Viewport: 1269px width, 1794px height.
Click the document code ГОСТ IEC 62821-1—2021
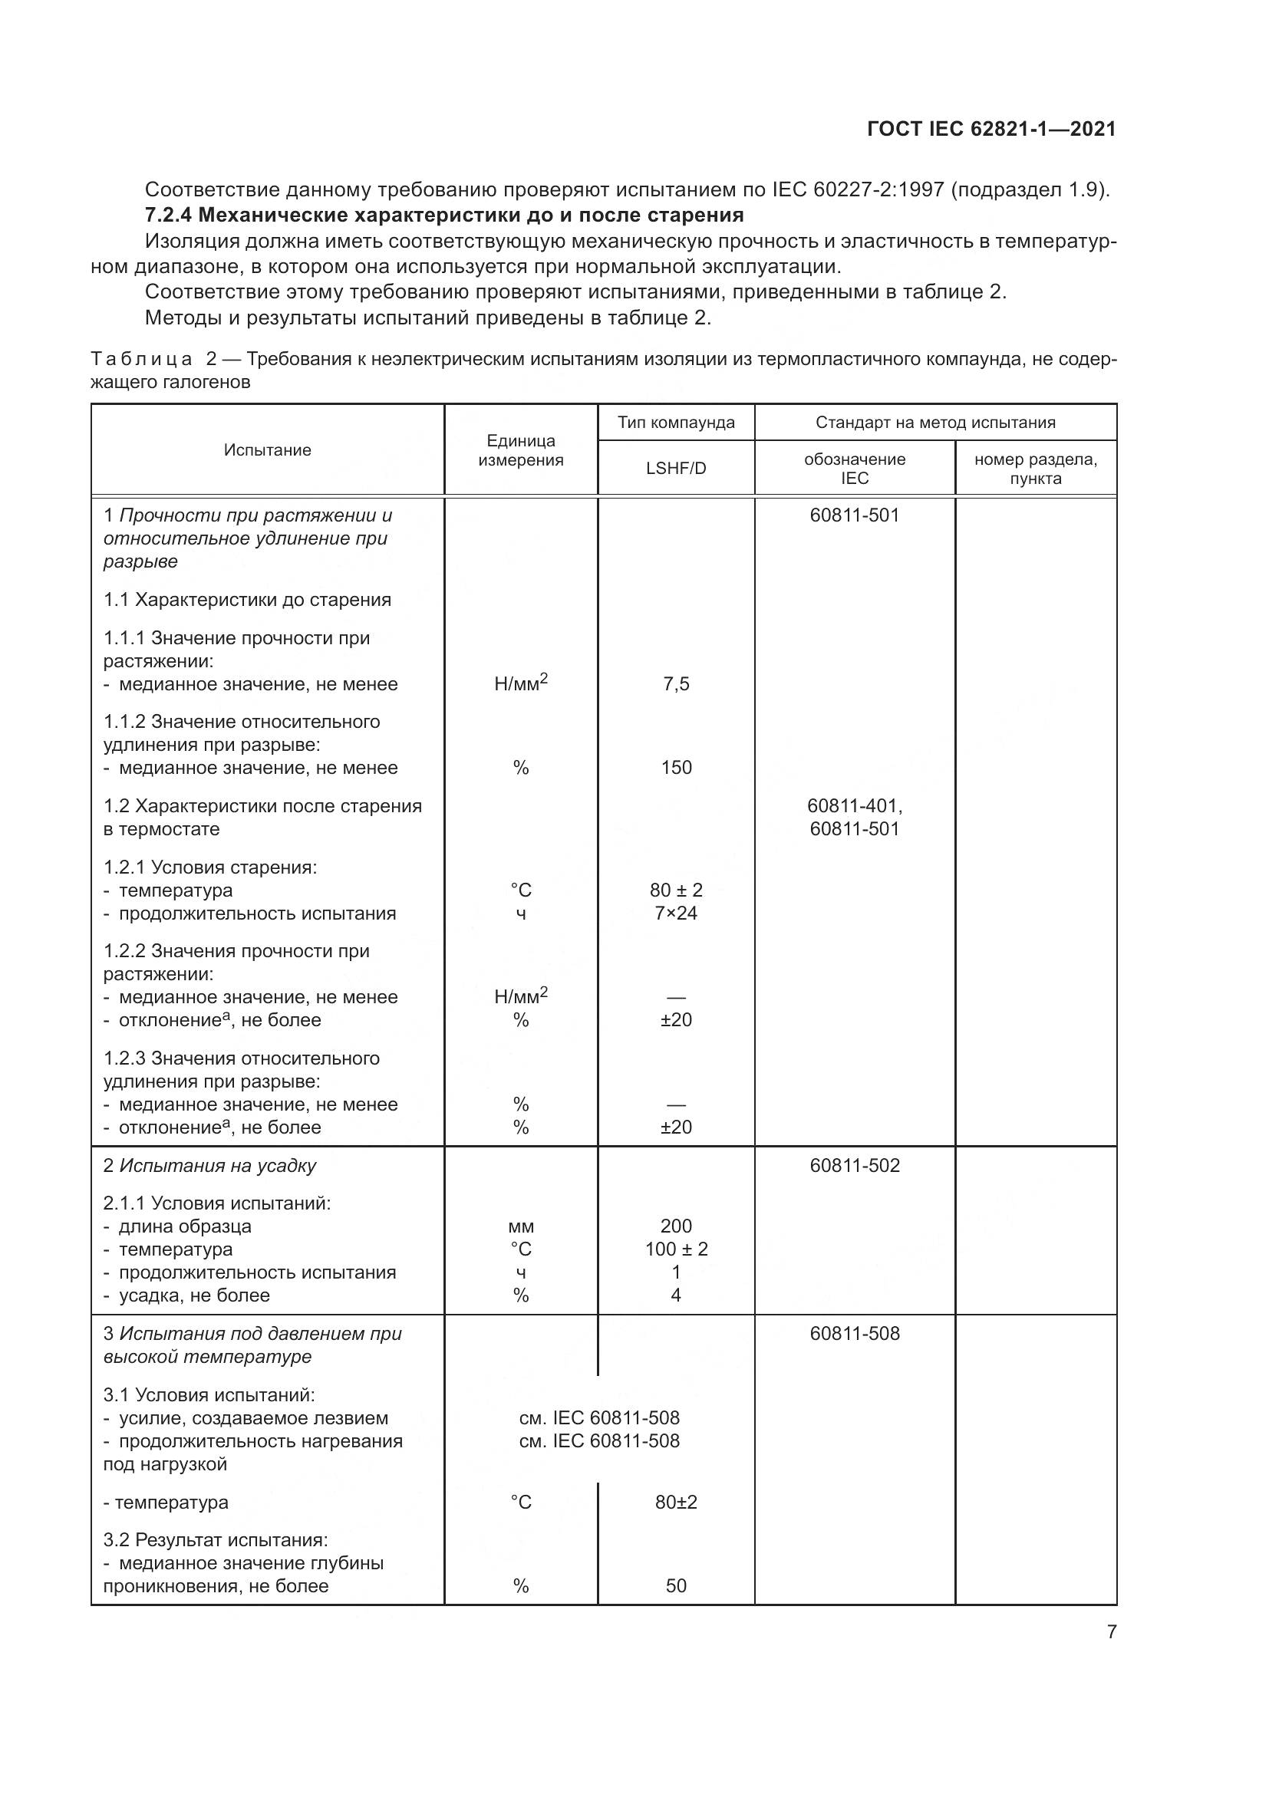point(990,129)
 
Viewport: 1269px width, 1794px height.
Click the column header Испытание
point(267,450)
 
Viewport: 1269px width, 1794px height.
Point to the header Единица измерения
point(520,451)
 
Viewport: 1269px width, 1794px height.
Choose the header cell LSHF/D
point(676,469)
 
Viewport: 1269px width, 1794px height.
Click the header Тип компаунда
point(676,423)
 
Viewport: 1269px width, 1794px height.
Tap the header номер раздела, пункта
point(1035,469)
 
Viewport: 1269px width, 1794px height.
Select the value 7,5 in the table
point(676,684)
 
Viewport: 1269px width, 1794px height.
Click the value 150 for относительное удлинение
point(676,767)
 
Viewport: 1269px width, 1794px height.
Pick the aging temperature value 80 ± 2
point(676,890)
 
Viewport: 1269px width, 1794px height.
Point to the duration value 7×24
point(676,913)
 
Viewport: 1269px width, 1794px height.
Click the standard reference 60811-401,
point(855,805)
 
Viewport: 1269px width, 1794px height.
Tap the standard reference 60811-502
point(855,1165)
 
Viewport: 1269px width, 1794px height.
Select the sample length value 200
point(676,1226)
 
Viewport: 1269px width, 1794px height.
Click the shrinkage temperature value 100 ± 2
point(676,1249)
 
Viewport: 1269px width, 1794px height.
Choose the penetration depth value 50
point(676,1585)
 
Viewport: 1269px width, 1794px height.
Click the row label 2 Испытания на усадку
point(209,1166)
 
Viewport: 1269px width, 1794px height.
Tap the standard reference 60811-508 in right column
point(855,1333)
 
